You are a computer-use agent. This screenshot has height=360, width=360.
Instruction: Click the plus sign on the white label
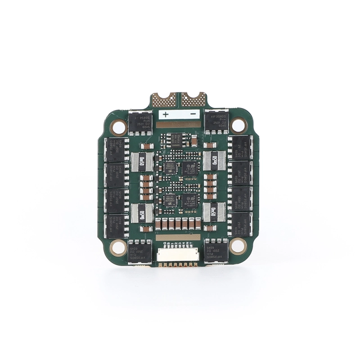[x=166, y=114]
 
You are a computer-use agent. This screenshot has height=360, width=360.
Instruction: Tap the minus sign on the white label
[x=193, y=114]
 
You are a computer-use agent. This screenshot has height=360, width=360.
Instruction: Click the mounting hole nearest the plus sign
[x=119, y=127]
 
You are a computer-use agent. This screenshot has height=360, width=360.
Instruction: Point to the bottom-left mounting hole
[x=119, y=246]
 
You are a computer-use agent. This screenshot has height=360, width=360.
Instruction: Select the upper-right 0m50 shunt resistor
[x=215, y=159]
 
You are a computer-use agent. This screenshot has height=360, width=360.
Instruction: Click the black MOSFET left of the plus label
[x=139, y=122]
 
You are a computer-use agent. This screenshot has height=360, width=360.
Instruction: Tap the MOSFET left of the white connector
[x=140, y=252]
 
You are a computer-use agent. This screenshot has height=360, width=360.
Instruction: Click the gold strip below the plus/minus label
[x=179, y=124]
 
